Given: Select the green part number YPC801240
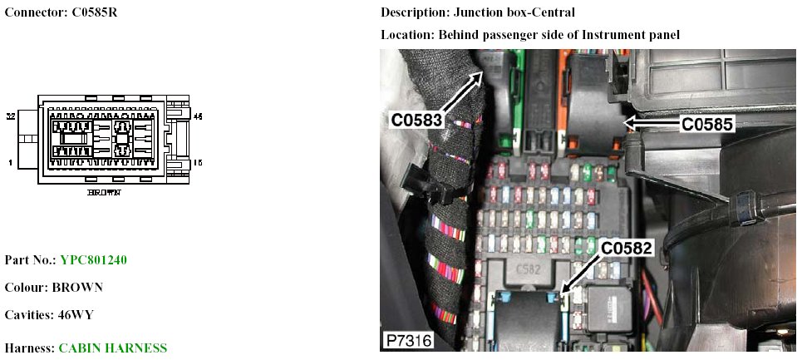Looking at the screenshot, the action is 94,260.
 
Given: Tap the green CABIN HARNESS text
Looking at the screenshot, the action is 113,348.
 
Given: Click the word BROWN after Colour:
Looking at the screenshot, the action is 77,288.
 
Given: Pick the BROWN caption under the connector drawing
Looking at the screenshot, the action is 104,192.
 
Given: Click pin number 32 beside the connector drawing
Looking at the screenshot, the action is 11,116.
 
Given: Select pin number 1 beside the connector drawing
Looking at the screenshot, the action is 10,163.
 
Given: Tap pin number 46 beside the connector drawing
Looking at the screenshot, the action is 198,117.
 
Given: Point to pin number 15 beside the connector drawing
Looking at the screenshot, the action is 198,163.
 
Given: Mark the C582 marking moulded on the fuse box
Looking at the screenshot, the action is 525,268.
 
